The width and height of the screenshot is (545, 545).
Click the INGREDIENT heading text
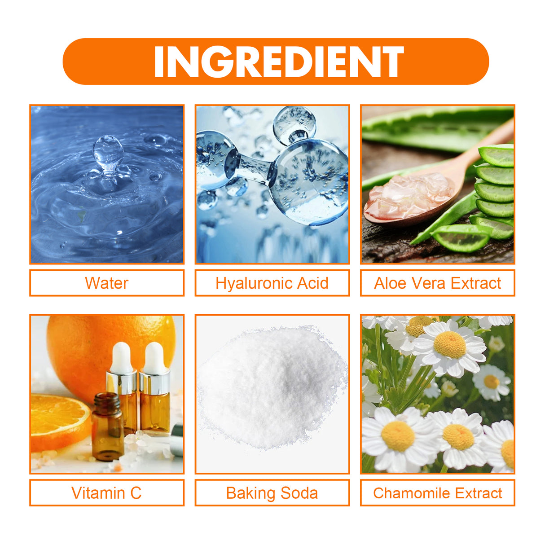coord(278,62)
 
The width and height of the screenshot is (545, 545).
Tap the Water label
coord(106,283)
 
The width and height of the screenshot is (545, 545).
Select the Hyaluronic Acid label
coord(272,283)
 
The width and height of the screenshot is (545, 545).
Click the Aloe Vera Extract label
coord(437,283)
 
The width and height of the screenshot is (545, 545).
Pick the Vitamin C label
coord(106,493)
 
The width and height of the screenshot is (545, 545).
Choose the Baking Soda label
coord(272,493)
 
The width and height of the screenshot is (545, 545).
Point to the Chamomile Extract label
coord(437,493)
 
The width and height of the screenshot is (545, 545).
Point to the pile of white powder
coord(272,386)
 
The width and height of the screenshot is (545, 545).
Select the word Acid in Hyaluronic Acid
coord(311,283)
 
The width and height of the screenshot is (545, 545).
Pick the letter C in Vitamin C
coord(136,493)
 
